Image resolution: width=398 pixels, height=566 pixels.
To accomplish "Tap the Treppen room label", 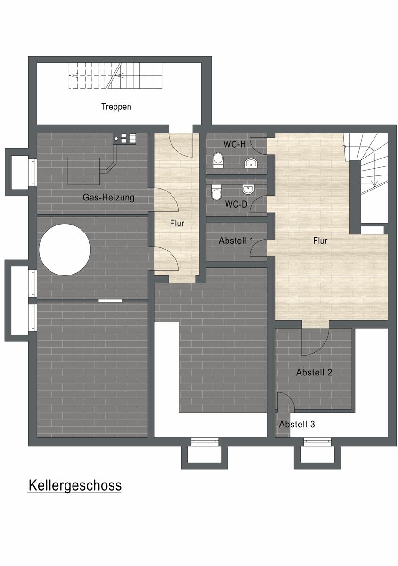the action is pyautogui.click(x=116, y=107).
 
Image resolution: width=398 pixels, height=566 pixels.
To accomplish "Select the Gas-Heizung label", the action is pyautogui.click(x=108, y=197).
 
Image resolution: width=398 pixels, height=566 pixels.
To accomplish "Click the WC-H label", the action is pyautogui.click(x=235, y=144).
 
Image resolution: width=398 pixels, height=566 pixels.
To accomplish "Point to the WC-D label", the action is pyautogui.click(x=236, y=204).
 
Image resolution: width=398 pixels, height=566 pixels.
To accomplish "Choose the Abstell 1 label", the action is pyautogui.click(x=236, y=241).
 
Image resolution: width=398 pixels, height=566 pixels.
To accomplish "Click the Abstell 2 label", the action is pyautogui.click(x=314, y=372).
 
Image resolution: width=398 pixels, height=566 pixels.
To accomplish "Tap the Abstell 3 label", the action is pyautogui.click(x=297, y=424).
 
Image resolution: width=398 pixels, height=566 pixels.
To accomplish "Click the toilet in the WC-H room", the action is pyautogui.click(x=218, y=160).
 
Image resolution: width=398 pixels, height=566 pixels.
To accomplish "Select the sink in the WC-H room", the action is pyautogui.click(x=251, y=163).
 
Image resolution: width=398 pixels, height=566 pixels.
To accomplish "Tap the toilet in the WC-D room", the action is pyautogui.click(x=217, y=192).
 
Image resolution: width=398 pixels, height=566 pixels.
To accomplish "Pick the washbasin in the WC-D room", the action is pyautogui.click(x=248, y=189).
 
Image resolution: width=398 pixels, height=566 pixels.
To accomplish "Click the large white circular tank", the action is pyautogui.click(x=65, y=250).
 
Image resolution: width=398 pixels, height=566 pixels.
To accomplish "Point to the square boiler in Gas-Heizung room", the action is pyautogui.click(x=83, y=172).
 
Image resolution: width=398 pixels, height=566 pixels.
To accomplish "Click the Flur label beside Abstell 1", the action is pyautogui.click(x=320, y=241).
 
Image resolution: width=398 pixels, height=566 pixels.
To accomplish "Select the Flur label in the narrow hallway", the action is pyautogui.click(x=177, y=224).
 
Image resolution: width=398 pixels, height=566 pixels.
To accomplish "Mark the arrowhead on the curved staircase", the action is pyautogui.click(x=374, y=184).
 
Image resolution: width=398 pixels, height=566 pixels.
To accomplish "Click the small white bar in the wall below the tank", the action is pyautogui.click(x=110, y=300).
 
